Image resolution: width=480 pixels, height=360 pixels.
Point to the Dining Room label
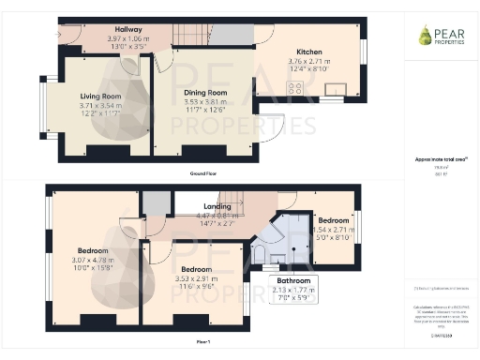point(204,93)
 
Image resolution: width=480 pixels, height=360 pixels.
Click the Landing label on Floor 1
point(217,205)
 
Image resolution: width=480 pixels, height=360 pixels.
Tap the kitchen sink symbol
point(332,90)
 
